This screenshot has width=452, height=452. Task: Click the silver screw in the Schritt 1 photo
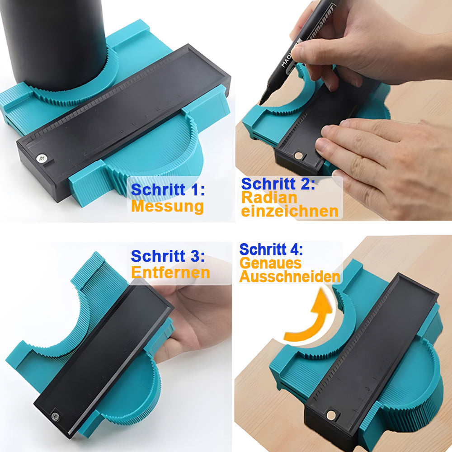click(x=42, y=158)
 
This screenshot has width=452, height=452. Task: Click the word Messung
click(x=168, y=207)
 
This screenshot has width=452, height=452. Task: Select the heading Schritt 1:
click(x=168, y=190)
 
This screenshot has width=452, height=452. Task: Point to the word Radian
click(x=269, y=198)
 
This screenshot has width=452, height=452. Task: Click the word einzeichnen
click(x=290, y=211)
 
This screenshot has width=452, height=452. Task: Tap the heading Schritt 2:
click(x=278, y=184)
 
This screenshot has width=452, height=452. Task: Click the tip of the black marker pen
click(x=261, y=102)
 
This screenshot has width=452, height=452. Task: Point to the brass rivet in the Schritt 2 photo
click(x=299, y=156)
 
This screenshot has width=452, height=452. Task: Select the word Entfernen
click(x=171, y=273)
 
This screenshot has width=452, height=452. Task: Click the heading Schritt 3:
click(x=168, y=256)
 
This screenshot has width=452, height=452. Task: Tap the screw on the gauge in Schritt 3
click(x=55, y=416)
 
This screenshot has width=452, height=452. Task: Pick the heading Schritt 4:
click(x=271, y=250)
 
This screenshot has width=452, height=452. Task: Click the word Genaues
click(x=270, y=263)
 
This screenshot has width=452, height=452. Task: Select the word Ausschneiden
click(x=290, y=277)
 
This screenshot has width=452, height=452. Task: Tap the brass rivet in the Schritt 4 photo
click(x=331, y=415)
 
